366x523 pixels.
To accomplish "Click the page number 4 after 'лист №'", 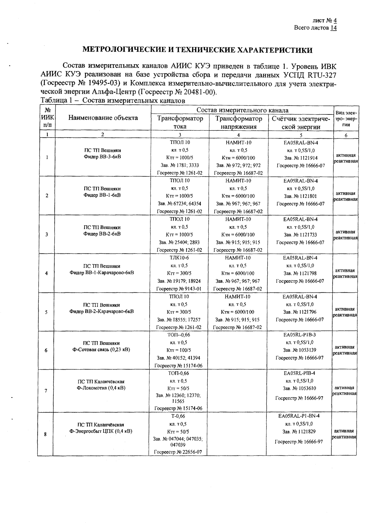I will (335, 20).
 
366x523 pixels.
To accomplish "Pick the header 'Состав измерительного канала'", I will (242, 110).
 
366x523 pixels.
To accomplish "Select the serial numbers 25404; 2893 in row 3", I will (179, 242).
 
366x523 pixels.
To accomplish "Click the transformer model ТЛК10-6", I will (179, 258).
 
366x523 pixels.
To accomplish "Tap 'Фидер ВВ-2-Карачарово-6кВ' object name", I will (102, 311).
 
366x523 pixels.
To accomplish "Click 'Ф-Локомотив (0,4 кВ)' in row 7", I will (101, 388).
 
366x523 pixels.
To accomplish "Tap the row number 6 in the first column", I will (46, 350).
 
